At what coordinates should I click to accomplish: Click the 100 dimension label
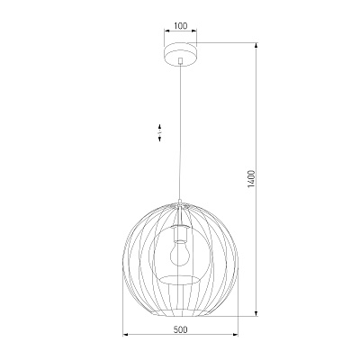(180, 26)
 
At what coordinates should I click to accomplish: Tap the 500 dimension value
(180, 329)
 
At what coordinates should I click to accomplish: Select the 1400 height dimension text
(251, 179)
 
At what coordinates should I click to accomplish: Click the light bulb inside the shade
(180, 254)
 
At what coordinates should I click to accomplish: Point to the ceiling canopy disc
(180, 54)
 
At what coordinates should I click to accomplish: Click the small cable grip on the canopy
(180, 60)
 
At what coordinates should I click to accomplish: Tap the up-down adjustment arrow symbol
(160, 132)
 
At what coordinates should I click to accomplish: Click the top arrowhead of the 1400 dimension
(256, 45)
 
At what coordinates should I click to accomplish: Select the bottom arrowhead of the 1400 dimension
(256, 313)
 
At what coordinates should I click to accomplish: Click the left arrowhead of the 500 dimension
(126, 334)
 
